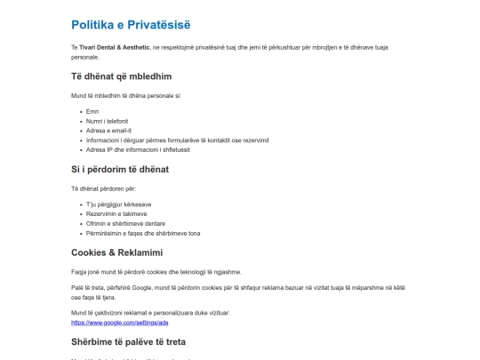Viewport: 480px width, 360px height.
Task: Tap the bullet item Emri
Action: coord(92,111)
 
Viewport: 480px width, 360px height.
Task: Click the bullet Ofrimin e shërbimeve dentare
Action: coord(126,223)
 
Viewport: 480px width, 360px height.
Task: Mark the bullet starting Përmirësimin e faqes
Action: coord(142,233)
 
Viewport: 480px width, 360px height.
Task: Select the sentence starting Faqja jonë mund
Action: coord(156,272)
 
